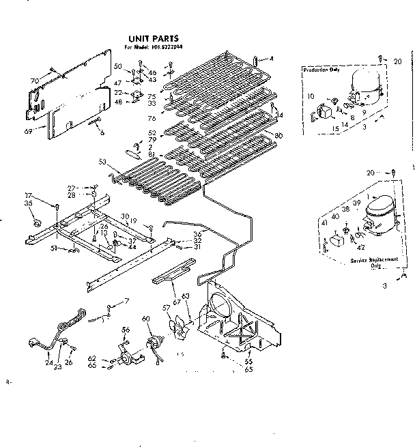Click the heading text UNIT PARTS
(x=154, y=39)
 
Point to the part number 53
(x=102, y=161)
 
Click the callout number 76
(x=152, y=118)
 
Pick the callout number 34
(x=278, y=115)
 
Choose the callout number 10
(x=311, y=96)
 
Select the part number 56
(x=126, y=330)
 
